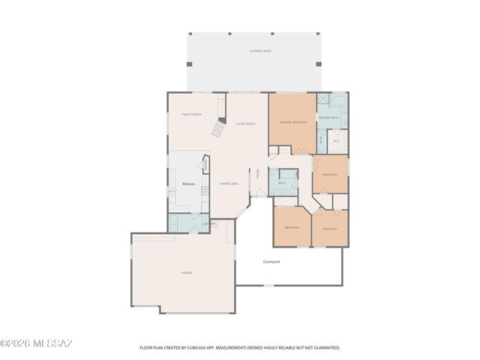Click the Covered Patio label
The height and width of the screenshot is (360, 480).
tap(260, 51)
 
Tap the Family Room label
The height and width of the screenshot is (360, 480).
tap(192, 115)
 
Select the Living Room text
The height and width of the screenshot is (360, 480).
tap(245, 124)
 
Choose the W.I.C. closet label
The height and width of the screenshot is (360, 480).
tap(336, 140)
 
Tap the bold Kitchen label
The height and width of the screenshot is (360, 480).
tap(189, 183)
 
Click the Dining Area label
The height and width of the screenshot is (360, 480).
tap(229, 184)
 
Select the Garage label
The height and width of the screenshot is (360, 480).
tap(186, 273)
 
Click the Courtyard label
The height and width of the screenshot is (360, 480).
tap(271, 262)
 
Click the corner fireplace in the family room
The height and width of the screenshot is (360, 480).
tap(217, 130)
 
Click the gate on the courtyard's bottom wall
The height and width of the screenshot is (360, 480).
tap(267, 284)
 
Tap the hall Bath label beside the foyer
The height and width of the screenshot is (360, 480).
tap(282, 183)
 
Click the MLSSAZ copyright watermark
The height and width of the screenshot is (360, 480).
tap(36, 343)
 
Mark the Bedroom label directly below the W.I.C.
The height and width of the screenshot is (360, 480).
tap(329, 175)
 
